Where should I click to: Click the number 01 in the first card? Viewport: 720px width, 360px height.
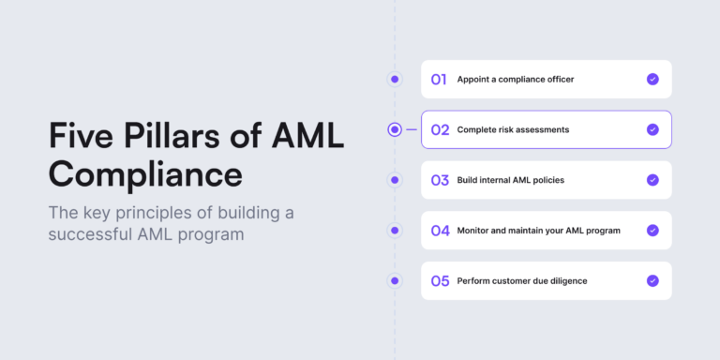tap(439, 80)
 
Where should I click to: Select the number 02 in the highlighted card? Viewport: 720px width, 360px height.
tap(440, 129)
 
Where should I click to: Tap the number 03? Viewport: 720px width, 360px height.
tap(440, 180)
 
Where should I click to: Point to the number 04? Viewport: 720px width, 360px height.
tap(440, 231)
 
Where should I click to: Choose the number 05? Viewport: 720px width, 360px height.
tap(440, 280)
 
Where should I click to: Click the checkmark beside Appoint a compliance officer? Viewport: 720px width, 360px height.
tap(652, 80)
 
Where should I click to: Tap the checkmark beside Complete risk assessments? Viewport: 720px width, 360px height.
tap(652, 129)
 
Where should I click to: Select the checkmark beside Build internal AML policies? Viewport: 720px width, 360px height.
tap(652, 180)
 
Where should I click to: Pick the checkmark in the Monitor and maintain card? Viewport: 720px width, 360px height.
tap(652, 231)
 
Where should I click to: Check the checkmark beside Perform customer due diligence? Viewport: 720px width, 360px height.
tap(652, 280)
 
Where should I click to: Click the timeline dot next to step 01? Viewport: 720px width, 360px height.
tap(395, 80)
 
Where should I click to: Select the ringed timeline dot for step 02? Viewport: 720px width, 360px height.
tap(395, 129)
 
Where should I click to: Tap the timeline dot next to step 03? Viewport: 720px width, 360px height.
tap(395, 180)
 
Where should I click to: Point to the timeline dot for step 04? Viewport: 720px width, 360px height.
tap(395, 231)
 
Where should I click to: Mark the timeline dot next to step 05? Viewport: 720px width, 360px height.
tap(395, 280)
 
